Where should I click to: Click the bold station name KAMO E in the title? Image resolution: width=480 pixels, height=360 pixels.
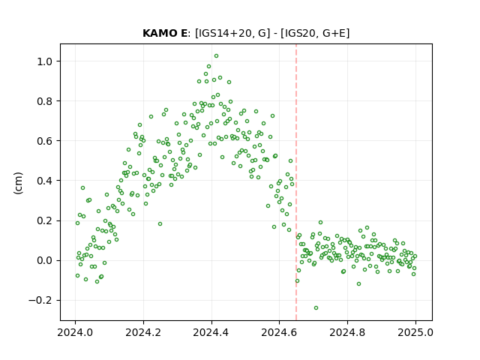pyautogui.click(x=165, y=33)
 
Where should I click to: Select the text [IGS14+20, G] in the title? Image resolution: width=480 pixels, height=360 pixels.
pyautogui.click(x=232, y=33)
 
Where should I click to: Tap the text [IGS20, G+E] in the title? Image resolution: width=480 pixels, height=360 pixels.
pyautogui.click(x=315, y=33)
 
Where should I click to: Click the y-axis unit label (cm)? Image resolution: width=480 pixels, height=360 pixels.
pyautogui.click(x=18, y=183)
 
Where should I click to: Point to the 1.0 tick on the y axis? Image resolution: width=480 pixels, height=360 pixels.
pyautogui.click(x=45, y=61)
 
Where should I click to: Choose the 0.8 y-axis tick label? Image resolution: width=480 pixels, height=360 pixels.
pyautogui.click(x=45, y=101)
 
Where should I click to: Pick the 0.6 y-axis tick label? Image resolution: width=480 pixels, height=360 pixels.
pyautogui.click(x=45, y=141)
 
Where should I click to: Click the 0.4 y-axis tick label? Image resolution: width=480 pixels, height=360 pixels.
pyautogui.click(x=45, y=181)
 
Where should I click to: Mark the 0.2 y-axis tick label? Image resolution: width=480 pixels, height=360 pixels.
pyautogui.click(x=45, y=220)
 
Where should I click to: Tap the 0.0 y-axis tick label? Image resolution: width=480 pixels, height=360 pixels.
pyautogui.click(x=45, y=261)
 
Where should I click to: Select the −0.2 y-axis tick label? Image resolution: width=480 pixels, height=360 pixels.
pyautogui.click(x=41, y=301)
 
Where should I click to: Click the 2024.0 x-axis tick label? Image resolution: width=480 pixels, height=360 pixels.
pyautogui.click(x=75, y=332)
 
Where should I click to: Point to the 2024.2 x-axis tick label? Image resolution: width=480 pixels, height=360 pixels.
pyautogui.click(x=143, y=332)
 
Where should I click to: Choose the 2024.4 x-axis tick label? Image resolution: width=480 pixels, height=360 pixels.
pyautogui.click(x=211, y=332)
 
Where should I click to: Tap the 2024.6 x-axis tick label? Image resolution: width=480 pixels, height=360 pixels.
pyautogui.click(x=279, y=332)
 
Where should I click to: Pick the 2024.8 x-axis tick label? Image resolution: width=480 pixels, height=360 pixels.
pyautogui.click(x=347, y=332)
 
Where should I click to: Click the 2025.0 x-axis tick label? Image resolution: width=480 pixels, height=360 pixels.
pyautogui.click(x=415, y=332)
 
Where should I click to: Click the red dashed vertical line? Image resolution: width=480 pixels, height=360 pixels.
pyautogui.click(x=296, y=182)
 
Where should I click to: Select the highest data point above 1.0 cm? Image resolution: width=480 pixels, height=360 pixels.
pyautogui.click(x=216, y=56)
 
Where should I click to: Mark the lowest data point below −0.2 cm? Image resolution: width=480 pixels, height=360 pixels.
pyautogui.click(x=316, y=308)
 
